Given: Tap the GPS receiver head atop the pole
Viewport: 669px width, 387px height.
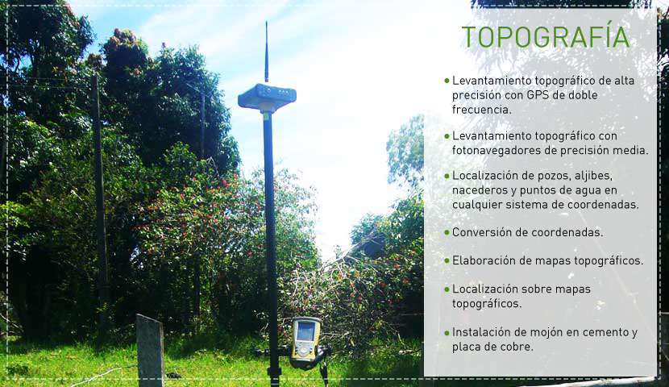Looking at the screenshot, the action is click(x=267, y=98).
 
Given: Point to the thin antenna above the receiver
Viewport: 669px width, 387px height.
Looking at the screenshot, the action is click(x=266, y=52).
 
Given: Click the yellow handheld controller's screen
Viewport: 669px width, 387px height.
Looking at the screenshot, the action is click(x=305, y=331).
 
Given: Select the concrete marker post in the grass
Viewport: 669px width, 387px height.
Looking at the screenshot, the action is click(x=150, y=350).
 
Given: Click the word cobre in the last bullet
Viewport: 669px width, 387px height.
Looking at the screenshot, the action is click(x=519, y=347).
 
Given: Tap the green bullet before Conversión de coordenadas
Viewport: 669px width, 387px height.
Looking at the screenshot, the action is click(x=447, y=232).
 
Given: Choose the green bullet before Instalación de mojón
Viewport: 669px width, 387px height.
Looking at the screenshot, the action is click(x=447, y=332).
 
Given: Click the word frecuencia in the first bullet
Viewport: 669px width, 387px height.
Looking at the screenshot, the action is click(x=482, y=109).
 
